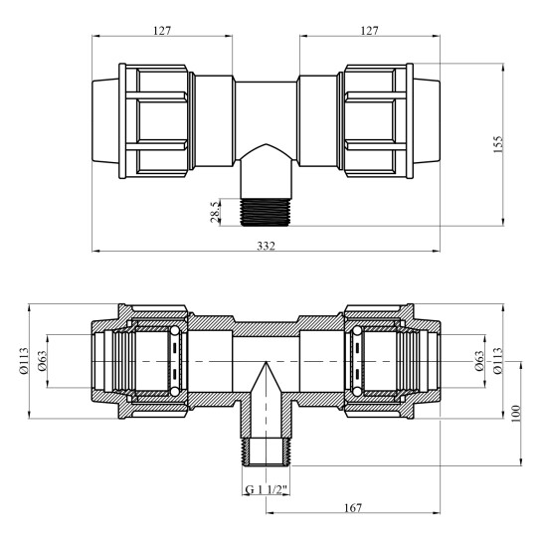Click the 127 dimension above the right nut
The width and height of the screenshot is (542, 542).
370,30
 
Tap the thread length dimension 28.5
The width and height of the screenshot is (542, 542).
214,211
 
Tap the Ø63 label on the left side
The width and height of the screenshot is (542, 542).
45,364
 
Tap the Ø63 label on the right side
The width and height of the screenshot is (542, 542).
480,364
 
